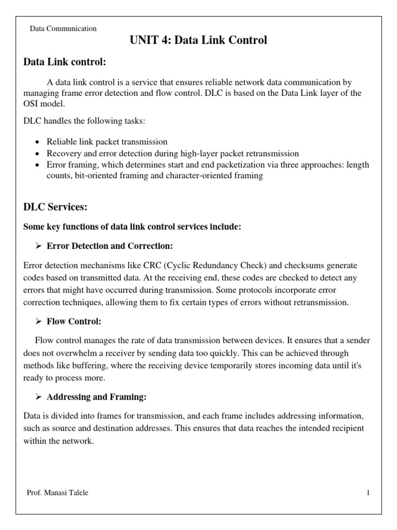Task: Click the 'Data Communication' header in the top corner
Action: click(63, 29)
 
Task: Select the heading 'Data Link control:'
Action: click(65, 63)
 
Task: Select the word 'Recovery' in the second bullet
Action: click(63, 153)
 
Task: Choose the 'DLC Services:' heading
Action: click(55, 207)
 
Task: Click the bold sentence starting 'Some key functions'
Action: click(132, 227)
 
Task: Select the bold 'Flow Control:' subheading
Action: click(74, 321)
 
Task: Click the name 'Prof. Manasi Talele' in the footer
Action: click(57, 493)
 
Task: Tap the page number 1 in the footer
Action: click(368, 493)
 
